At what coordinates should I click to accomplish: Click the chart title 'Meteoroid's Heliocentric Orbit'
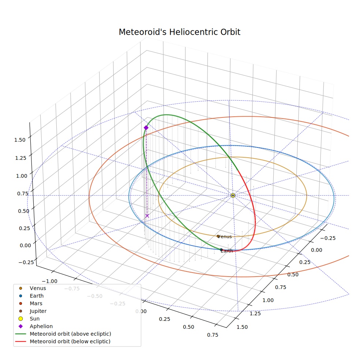[x=179, y=32]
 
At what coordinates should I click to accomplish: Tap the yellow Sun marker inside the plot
[x=233, y=195]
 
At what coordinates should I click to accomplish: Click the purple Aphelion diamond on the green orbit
[x=146, y=128]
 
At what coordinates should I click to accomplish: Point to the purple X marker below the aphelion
[x=147, y=216]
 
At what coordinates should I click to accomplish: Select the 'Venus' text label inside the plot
[x=225, y=237]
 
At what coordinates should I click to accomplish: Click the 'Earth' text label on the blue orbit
[x=227, y=251]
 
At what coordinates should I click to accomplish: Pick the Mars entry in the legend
[x=31, y=304]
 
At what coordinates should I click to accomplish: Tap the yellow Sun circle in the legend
[x=20, y=319]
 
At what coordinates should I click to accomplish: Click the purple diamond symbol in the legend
[x=20, y=326]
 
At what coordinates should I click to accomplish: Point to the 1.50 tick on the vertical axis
[x=20, y=140]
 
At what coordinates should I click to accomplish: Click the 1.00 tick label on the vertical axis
[x=22, y=176]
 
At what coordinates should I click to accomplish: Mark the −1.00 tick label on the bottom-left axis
[x=50, y=281]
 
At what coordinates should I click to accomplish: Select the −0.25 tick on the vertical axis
[x=26, y=262]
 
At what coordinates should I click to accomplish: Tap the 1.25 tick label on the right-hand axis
[x=255, y=314]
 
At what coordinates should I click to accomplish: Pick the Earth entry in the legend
[x=31, y=296]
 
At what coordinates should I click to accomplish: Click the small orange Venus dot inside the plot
[x=218, y=236]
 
